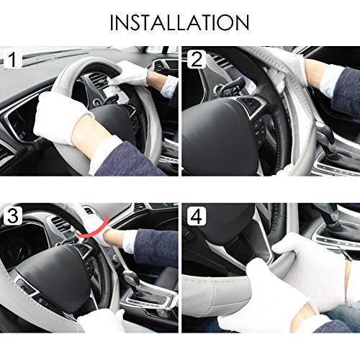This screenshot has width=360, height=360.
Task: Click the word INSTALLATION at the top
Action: pyautogui.click(x=179, y=22)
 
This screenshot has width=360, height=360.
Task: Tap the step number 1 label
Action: pyautogui.click(x=13, y=60)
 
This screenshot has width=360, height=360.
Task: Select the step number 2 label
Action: pyautogui.click(x=197, y=59)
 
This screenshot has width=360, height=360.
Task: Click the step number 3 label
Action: pyautogui.click(x=13, y=215)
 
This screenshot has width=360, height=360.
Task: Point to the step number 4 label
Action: pyautogui.click(x=197, y=216)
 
